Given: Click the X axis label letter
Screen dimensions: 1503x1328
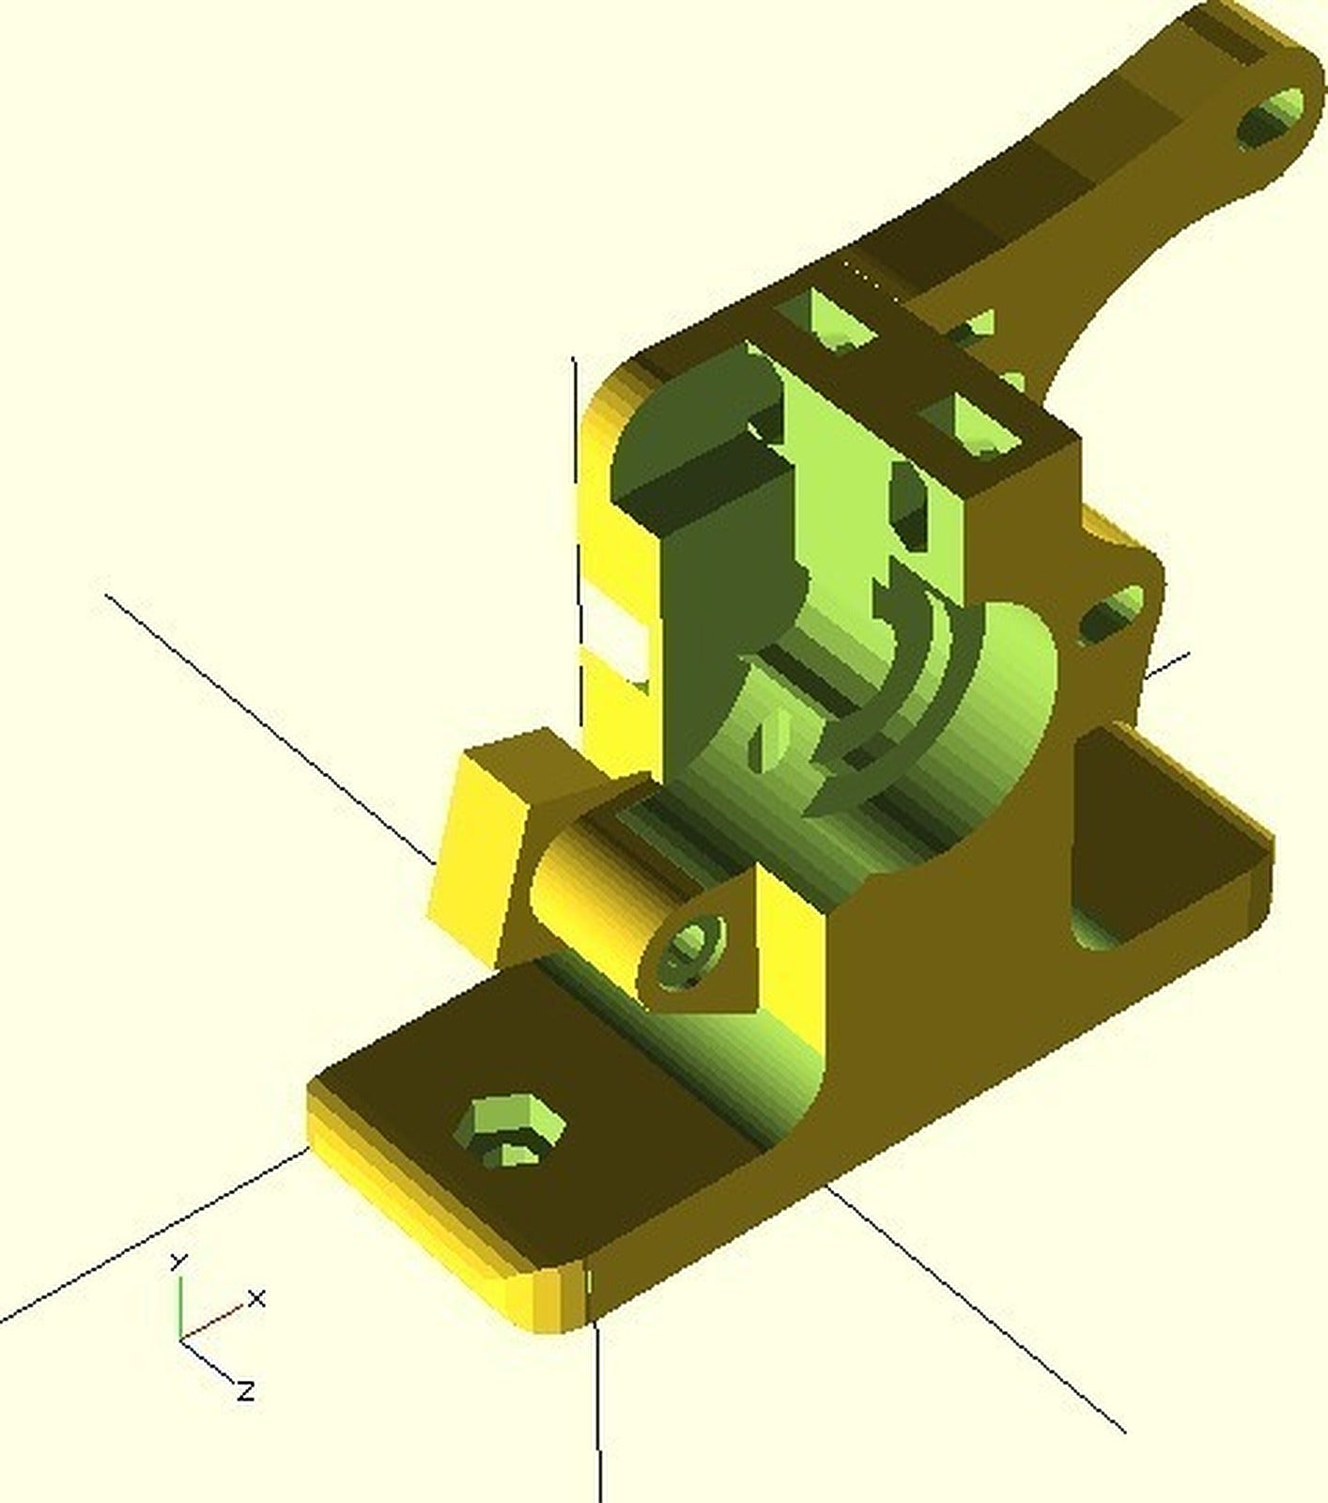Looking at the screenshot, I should [x=256, y=1299].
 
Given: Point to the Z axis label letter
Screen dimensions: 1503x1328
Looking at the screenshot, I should [x=245, y=1389].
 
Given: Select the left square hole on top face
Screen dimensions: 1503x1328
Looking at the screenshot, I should [x=836, y=319].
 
